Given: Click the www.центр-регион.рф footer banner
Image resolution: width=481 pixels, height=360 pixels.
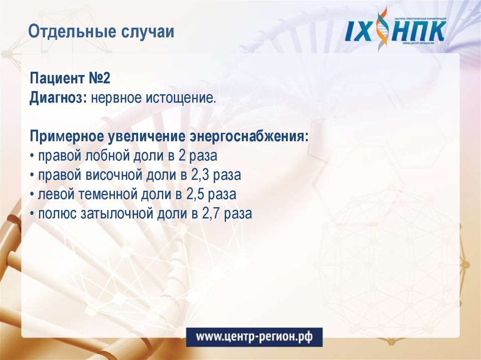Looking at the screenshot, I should click(x=254, y=337).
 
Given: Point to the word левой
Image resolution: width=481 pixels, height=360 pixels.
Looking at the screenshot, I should click(x=55, y=194).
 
